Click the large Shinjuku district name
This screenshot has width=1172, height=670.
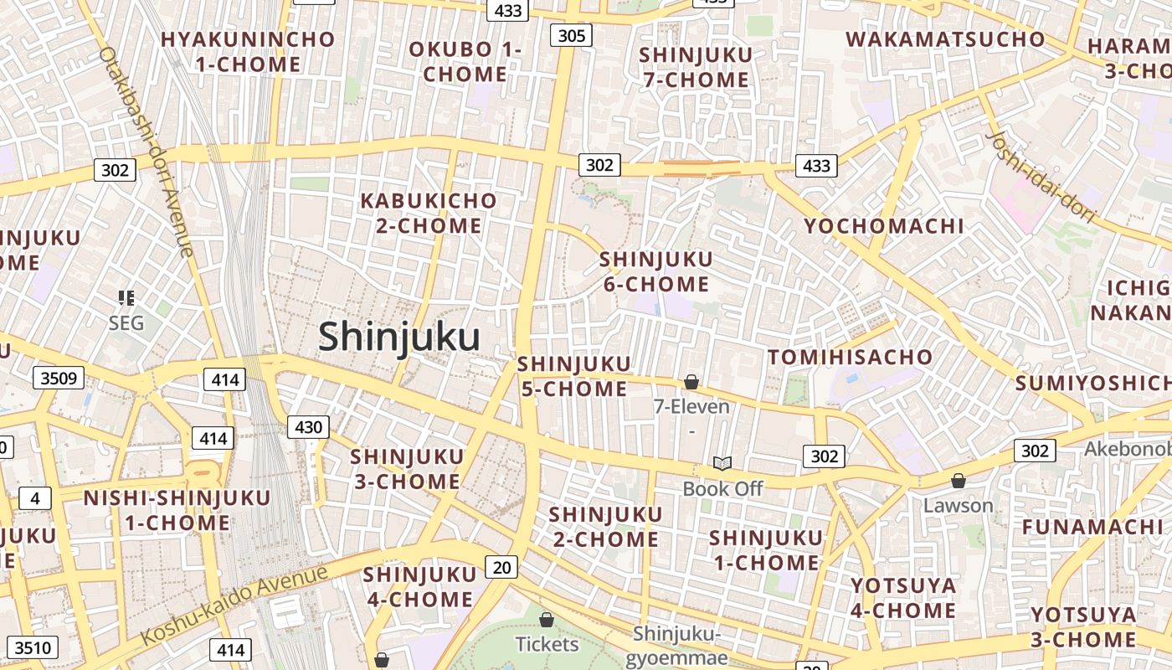click(x=398, y=338)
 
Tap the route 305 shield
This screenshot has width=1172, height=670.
click(x=571, y=35)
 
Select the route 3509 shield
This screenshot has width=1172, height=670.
click(x=59, y=379)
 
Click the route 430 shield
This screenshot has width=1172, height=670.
click(x=308, y=427)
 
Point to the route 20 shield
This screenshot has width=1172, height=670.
click(x=501, y=568)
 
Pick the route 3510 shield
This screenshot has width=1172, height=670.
click(x=34, y=647)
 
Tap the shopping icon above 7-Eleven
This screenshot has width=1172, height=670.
click(x=691, y=383)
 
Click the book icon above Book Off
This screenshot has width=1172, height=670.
click(x=722, y=463)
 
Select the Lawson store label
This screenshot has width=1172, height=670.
click(x=958, y=506)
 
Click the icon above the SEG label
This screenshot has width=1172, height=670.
click(x=126, y=297)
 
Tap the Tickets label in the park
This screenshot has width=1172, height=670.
click(x=547, y=644)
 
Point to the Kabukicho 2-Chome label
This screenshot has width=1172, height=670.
click(x=428, y=214)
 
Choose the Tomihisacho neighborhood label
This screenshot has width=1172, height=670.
click(x=850, y=358)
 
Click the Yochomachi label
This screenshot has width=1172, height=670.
click(x=884, y=226)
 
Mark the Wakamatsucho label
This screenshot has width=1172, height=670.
click(x=945, y=39)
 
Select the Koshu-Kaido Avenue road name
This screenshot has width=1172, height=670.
click(x=234, y=605)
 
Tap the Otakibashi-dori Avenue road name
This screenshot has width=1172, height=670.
click(x=146, y=151)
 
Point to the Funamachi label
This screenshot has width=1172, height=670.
click(x=1092, y=527)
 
